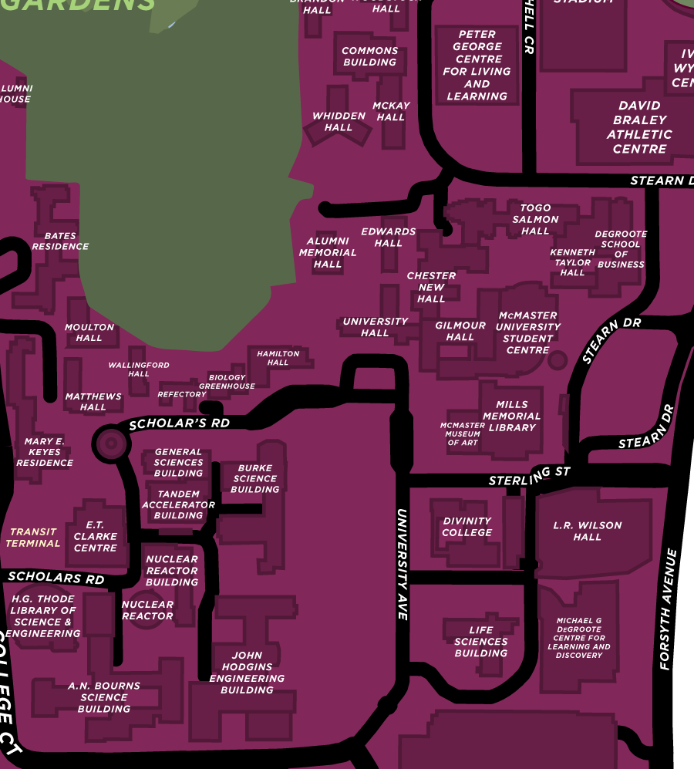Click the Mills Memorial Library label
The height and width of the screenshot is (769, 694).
tap(512, 416)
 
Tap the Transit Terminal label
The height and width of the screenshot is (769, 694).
tap(33, 538)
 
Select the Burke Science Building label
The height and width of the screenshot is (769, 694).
tap(255, 478)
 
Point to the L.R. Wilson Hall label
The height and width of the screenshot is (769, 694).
tap(588, 531)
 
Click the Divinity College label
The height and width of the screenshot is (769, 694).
tap(467, 527)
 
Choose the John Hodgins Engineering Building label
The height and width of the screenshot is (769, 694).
tap(248, 673)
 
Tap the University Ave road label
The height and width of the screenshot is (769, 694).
tap(402, 563)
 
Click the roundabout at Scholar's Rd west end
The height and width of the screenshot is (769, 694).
tap(109, 443)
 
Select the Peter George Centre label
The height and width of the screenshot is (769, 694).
tap(477, 66)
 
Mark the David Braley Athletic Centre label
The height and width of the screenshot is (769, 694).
tap(639, 127)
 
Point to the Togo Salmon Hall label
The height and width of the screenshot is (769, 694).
tap(535, 219)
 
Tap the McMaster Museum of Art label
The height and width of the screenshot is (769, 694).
tap(463, 434)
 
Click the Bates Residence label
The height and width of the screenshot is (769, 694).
tap(60, 241)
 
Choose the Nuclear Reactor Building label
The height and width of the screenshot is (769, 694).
tap(171, 571)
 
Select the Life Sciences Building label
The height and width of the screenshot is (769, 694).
tap(481, 642)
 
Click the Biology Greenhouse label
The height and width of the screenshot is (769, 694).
tap(227, 382)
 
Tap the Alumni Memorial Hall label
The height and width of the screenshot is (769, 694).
tap(328, 252)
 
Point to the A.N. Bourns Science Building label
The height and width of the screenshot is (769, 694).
tap(104, 697)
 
